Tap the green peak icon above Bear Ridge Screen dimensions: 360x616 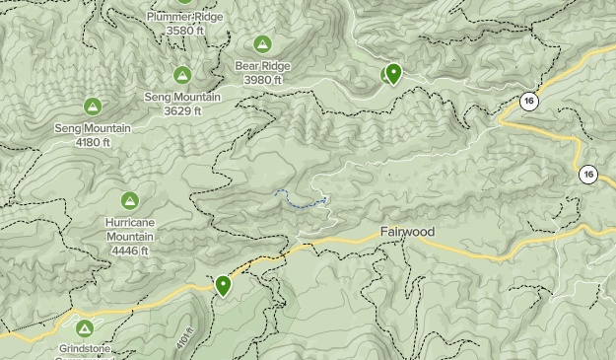(262, 44)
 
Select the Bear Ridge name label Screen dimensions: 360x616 (262, 67)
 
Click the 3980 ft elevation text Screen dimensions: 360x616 (262, 80)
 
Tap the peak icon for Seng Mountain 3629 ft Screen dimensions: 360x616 (182, 75)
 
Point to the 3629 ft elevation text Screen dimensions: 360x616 (182, 110)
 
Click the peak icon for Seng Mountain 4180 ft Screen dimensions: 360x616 (93, 107)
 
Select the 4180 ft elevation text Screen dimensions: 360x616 (93, 142)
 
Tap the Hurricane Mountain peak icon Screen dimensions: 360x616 (129, 200)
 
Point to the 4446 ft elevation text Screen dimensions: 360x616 (129, 251)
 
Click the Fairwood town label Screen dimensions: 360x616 (407, 232)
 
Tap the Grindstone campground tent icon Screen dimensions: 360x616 (84, 328)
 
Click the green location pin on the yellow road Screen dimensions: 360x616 (224, 286)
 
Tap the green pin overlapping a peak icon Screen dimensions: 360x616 (393, 74)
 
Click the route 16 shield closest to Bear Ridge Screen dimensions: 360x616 (529, 101)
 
